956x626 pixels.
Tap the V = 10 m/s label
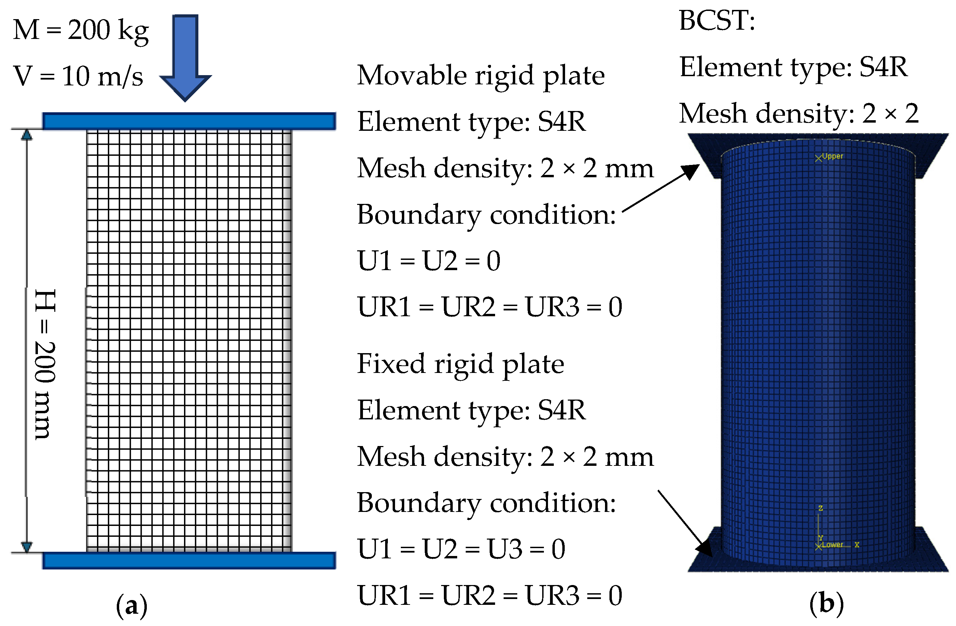point(78,76)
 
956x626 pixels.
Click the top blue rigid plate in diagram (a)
point(189,121)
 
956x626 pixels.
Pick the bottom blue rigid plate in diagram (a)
point(189,560)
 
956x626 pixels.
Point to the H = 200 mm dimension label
point(45,364)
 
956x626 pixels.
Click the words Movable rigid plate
point(481,75)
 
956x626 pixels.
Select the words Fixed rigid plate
point(460,364)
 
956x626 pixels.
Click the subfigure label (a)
point(131,606)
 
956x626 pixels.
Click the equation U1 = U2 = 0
point(428,261)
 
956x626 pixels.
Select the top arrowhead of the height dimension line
point(27,135)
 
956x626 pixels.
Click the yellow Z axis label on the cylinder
point(821,508)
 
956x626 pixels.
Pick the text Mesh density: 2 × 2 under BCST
point(799,113)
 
